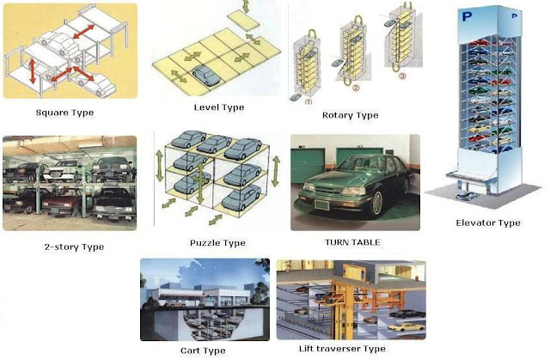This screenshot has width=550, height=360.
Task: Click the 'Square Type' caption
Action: (x=65, y=113)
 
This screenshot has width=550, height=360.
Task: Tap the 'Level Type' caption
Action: (x=219, y=107)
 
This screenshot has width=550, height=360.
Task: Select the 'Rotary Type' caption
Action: (x=351, y=115)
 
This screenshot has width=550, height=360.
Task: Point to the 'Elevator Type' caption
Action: (x=488, y=223)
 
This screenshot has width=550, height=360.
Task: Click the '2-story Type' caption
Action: (x=74, y=247)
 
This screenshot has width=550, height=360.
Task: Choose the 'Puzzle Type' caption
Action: (x=217, y=243)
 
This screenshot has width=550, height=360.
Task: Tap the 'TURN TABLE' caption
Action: (x=352, y=242)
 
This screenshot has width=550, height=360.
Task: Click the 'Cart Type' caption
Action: (x=203, y=351)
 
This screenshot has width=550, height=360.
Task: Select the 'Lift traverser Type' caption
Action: (x=342, y=349)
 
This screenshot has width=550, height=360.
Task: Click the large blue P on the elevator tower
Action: (x=467, y=16)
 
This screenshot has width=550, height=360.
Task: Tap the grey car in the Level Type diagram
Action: (x=205, y=76)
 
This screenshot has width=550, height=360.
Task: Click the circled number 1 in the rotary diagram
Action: (x=309, y=102)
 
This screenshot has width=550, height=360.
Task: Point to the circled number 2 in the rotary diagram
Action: (x=356, y=88)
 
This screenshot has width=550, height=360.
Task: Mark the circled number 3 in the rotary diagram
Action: (x=402, y=76)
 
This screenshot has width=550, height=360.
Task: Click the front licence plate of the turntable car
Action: (x=321, y=204)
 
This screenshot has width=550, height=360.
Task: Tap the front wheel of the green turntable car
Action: (x=376, y=204)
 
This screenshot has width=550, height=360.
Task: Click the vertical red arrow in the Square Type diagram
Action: (x=33, y=71)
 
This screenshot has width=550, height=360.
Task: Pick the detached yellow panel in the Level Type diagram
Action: (x=243, y=21)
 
